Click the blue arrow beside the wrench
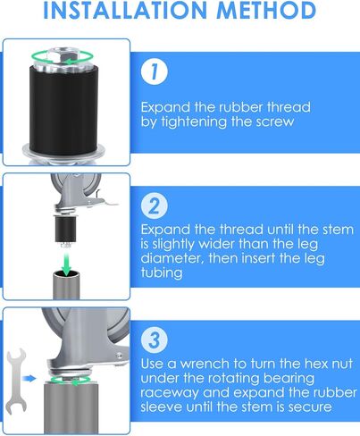31,378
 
